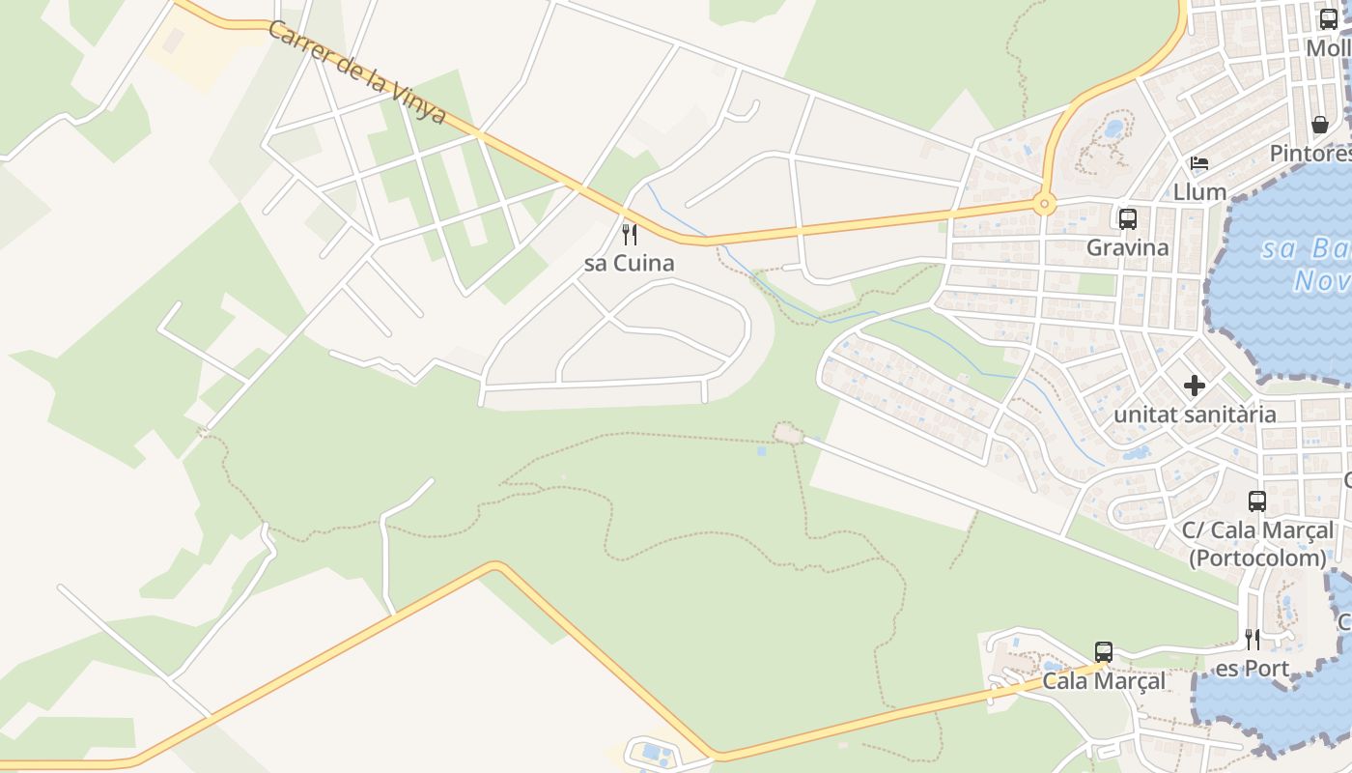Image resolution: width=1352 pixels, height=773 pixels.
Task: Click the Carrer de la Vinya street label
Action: (x=357, y=72)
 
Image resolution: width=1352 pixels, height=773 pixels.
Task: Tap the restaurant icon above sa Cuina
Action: (x=629, y=234)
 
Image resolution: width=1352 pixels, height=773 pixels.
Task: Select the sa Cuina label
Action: (x=629, y=263)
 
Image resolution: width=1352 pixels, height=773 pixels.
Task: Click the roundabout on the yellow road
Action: (x=1043, y=204)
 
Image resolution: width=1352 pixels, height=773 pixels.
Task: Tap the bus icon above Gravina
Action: (x=1127, y=218)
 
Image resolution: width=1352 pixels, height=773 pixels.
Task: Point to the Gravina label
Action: (x=1127, y=247)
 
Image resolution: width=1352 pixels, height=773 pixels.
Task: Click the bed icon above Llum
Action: (x=1199, y=162)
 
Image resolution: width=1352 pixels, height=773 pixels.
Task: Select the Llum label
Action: (x=1199, y=191)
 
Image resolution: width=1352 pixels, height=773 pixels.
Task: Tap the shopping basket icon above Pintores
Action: (x=1320, y=125)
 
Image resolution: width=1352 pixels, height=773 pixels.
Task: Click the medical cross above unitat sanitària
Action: (x=1195, y=386)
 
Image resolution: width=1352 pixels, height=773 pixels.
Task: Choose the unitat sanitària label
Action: (x=1195, y=415)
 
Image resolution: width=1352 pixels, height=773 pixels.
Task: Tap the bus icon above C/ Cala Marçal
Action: (x=1256, y=501)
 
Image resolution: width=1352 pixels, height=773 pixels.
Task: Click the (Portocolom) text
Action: (x=1256, y=558)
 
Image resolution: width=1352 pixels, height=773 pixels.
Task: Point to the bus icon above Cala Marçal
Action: (x=1104, y=652)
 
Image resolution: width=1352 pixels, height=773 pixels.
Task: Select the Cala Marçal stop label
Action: (x=1104, y=681)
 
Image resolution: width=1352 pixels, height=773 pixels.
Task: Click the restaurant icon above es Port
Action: (x=1252, y=640)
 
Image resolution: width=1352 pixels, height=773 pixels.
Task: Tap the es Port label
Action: (x=1252, y=669)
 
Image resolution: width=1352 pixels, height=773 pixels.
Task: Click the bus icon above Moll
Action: (x=1329, y=19)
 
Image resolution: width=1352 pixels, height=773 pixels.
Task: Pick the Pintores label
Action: (x=1310, y=154)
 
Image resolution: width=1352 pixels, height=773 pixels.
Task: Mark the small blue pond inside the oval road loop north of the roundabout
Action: (x=1113, y=128)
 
